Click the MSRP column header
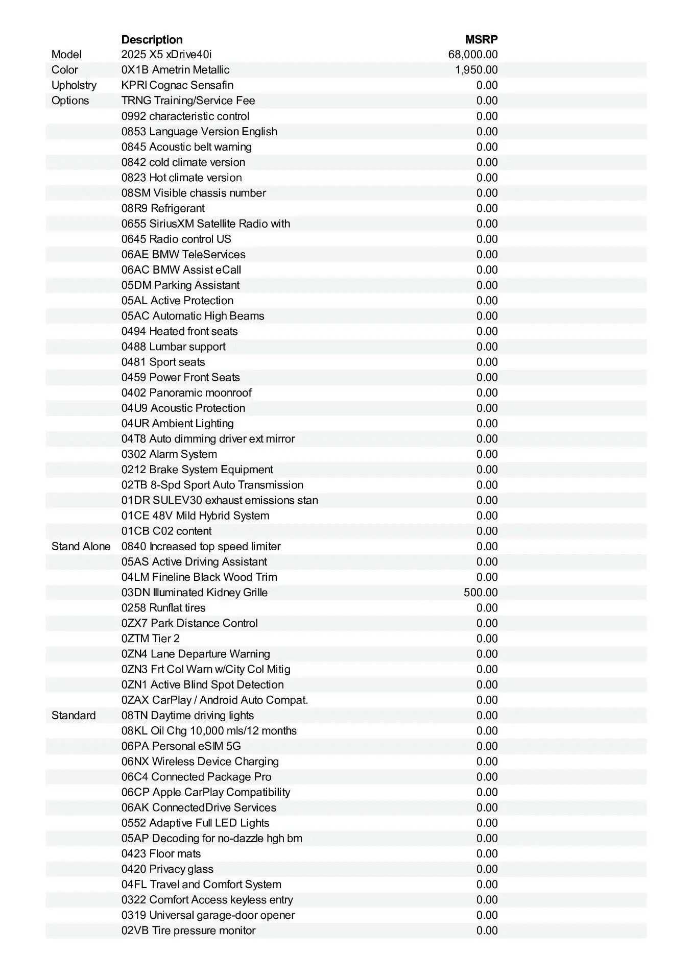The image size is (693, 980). [481, 39]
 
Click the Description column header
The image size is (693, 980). [152, 39]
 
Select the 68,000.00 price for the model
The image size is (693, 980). [473, 55]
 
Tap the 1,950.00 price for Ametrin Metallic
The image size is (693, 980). [476, 70]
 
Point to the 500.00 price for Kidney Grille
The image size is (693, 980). [481, 593]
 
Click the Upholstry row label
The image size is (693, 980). [74, 85]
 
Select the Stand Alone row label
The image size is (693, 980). [81, 547]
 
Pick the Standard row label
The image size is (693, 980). [74, 716]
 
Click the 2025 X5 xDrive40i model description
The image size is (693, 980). [166, 55]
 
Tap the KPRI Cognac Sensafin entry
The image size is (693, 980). [177, 85]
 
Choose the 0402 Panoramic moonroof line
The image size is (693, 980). [186, 393]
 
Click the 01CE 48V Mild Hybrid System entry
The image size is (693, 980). [195, 516]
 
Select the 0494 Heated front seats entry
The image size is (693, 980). [179, 331]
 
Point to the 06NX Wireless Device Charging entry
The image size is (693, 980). [200, 762]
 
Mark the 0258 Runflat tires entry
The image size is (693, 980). [163, 608]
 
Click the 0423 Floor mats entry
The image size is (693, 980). [161, 854]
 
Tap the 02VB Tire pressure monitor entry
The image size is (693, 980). [188, 930]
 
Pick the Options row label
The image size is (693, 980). [70, 101]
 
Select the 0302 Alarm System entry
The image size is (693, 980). [169, 454]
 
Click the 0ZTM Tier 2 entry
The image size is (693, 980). [151, 639]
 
